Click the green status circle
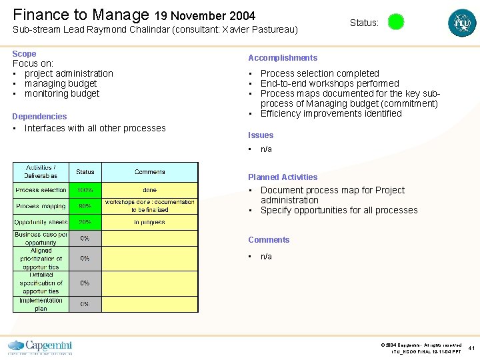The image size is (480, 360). tap(396, 22)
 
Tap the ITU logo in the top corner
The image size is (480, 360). tap(462, 23)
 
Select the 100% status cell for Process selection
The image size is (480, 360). tap(85, 191)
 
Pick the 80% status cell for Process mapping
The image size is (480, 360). tap(85, 206)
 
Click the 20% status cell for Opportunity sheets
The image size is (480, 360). tap(85, 222)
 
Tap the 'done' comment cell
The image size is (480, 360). tap(150, 191)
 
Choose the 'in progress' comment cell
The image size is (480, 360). tap(150, 222)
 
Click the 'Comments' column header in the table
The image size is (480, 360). tap(150, 172)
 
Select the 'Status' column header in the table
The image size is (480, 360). tap(85, 172)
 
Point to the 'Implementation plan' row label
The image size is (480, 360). tap(41, 304)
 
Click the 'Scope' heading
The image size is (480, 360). tap(24, 53)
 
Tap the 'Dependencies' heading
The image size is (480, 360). tap(39, 117)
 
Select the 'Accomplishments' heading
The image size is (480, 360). tap(283, 58)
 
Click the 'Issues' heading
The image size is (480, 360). tap(261, 135)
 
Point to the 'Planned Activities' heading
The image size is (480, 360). tap(283, 177)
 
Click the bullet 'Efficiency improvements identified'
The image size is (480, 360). tap(331, 114)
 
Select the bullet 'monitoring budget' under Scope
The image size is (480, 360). tap(62, 94)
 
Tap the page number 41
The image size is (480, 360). tap(472, 348)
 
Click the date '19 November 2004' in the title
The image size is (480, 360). tap(205, 15)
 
